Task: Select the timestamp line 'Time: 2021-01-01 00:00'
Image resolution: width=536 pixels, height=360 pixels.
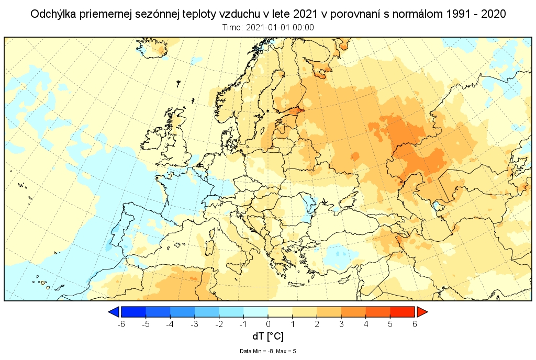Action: [x=268, y=27]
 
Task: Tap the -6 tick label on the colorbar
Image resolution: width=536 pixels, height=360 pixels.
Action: [x=121, y=324]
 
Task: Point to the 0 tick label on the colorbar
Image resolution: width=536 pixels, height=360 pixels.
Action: [x=268, y=324]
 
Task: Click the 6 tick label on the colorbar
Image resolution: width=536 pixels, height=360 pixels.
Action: [x=415, y=324]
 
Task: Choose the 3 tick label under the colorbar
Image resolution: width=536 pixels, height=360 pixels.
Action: [x=341, y=324]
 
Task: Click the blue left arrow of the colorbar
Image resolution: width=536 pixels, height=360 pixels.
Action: [x=113, y=312]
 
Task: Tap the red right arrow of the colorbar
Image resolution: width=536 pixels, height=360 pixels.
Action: [x=422, y=312]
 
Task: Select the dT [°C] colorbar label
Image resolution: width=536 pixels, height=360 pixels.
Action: [x=268, y=336]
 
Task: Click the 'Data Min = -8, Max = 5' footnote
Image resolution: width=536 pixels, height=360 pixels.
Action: [x=268, y=351]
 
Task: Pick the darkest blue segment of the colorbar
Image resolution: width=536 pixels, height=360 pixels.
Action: [x=133, y=312]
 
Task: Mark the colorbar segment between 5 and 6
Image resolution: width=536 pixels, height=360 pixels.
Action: [x=403, y=312]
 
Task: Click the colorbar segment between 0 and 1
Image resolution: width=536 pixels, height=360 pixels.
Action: [x=280, y=312]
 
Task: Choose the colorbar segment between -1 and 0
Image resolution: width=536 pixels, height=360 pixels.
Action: [x=256, y=312]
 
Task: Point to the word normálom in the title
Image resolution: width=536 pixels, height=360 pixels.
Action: [x=420, y=14]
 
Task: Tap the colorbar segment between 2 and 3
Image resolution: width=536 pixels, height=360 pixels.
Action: [x=329, y=312]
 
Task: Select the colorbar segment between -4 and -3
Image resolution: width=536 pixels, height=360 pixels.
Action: [x=182, y=312]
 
